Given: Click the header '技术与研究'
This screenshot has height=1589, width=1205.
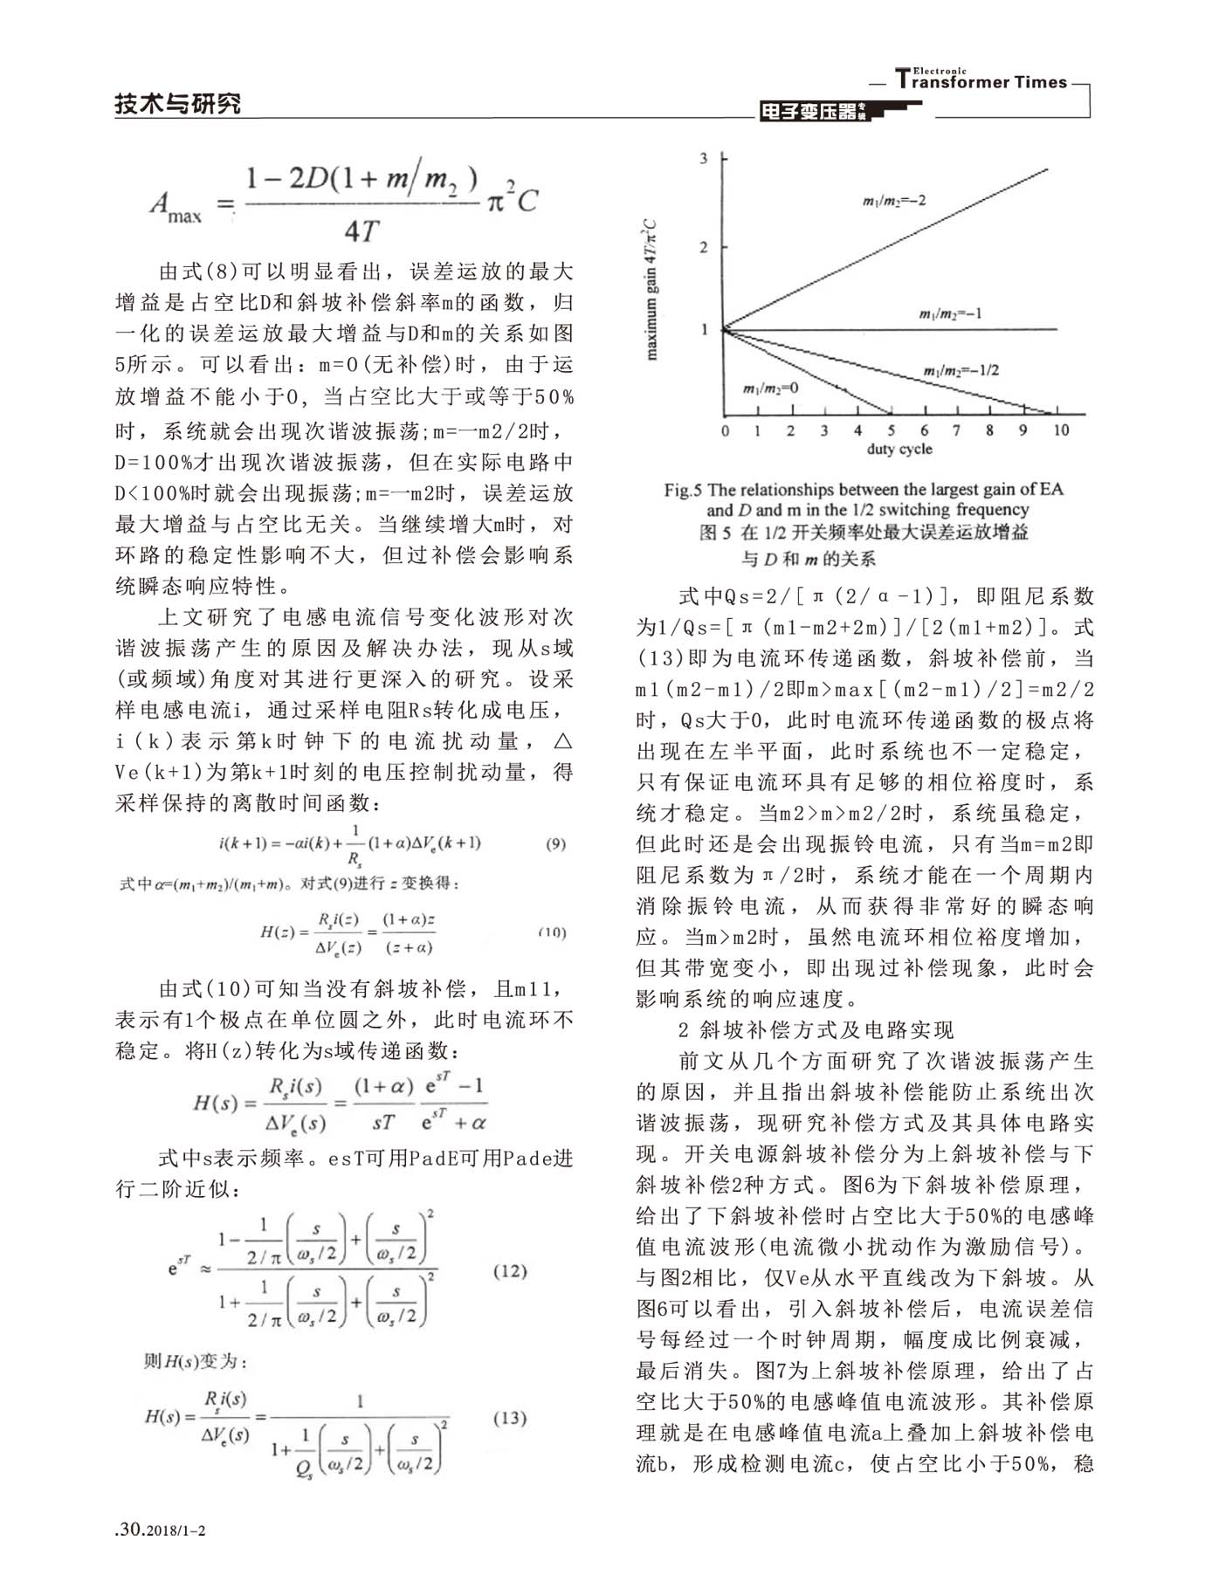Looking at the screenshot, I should coord(177,104).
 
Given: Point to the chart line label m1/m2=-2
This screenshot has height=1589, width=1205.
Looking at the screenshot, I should coord(894,202).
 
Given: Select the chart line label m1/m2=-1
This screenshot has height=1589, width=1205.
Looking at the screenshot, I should coord(950,313).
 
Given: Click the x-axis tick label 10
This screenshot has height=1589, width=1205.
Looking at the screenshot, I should coord(1059,430).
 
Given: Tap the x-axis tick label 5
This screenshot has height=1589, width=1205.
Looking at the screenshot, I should coord(891,430).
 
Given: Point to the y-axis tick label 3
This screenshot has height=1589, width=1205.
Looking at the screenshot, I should coord(704,158).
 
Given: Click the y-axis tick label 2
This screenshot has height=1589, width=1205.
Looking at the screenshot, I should coord(704,247).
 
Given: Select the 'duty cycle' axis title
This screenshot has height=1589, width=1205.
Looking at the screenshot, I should coord(899,450).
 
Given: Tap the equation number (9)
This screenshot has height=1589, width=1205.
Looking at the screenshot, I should coord(555,844).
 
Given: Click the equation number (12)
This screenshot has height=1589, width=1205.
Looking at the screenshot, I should coord(510,1271).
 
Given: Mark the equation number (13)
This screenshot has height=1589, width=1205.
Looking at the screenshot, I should coord(510,1418).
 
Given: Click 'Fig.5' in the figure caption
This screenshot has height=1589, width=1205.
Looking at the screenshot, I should coord(683,490).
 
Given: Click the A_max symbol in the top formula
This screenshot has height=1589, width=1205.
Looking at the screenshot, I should coord(175,207).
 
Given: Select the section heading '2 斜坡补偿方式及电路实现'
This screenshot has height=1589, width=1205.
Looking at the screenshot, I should coord(816,1030).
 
